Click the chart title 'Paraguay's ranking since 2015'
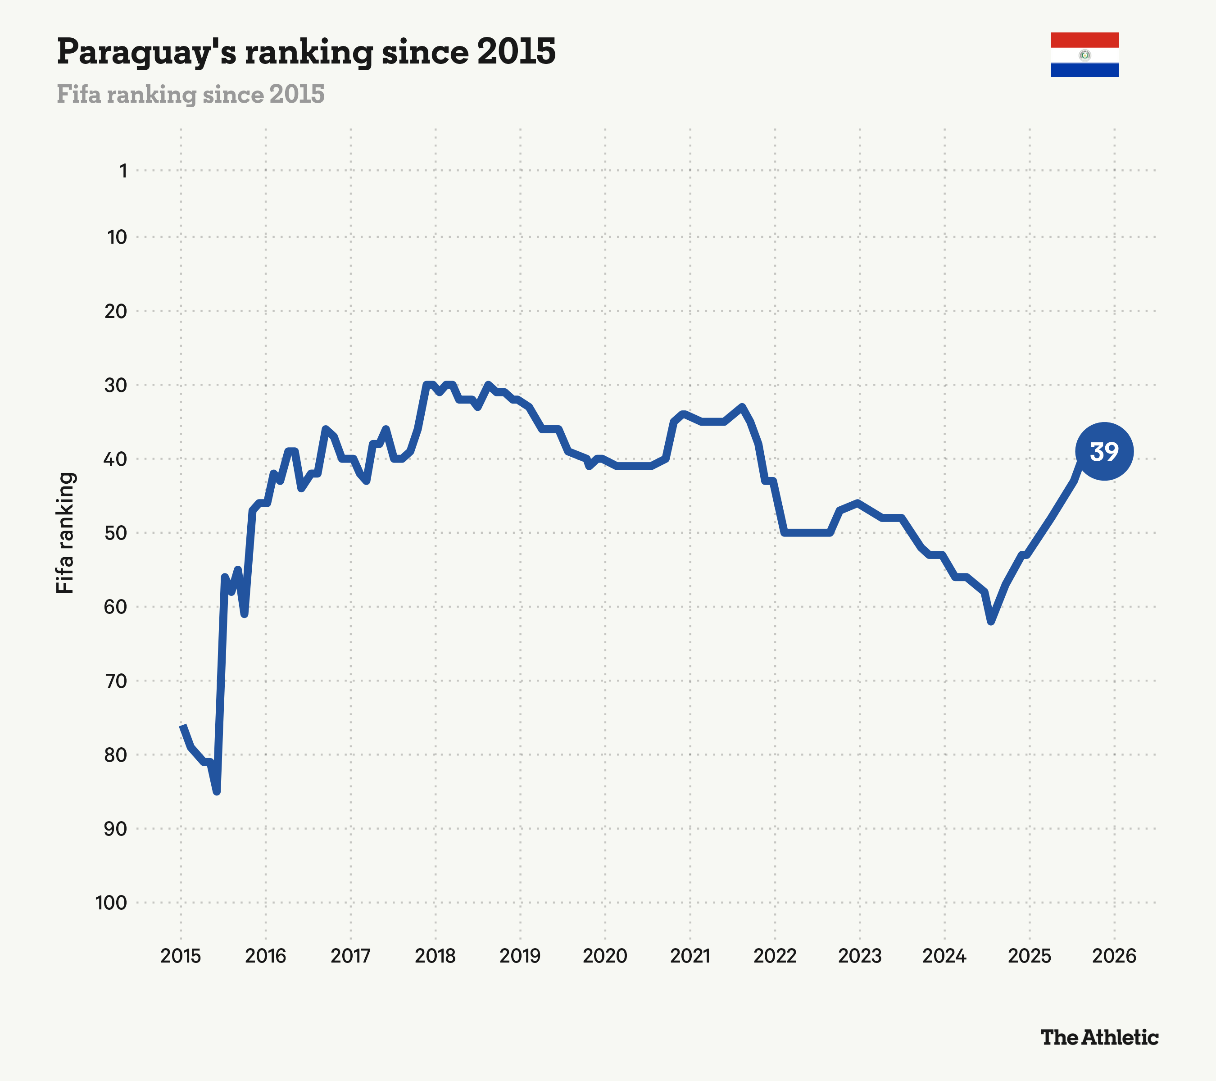click(x=306, y=52)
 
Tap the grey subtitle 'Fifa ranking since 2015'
click(x=191, y=95)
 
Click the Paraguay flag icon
click(x=1084, y=55)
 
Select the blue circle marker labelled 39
click(x=1104, y=452)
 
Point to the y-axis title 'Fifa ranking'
click(x=65, y=533)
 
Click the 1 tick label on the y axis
click(x=123, y=171)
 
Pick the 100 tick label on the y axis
click(x=111, y=903)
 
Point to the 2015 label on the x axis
click(x=181, y=957)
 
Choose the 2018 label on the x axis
click(x=436, y=957)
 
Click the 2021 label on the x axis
click(x=690, y=957)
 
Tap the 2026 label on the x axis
click(x=1114, y=957)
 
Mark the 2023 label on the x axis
click(x=860, y=957)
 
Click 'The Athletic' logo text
click(x=1099, y=1038)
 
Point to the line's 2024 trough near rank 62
click(x=990, y=621)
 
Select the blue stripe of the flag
click(x=1084, y=70)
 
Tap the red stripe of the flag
click(x=1084, y=40)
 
